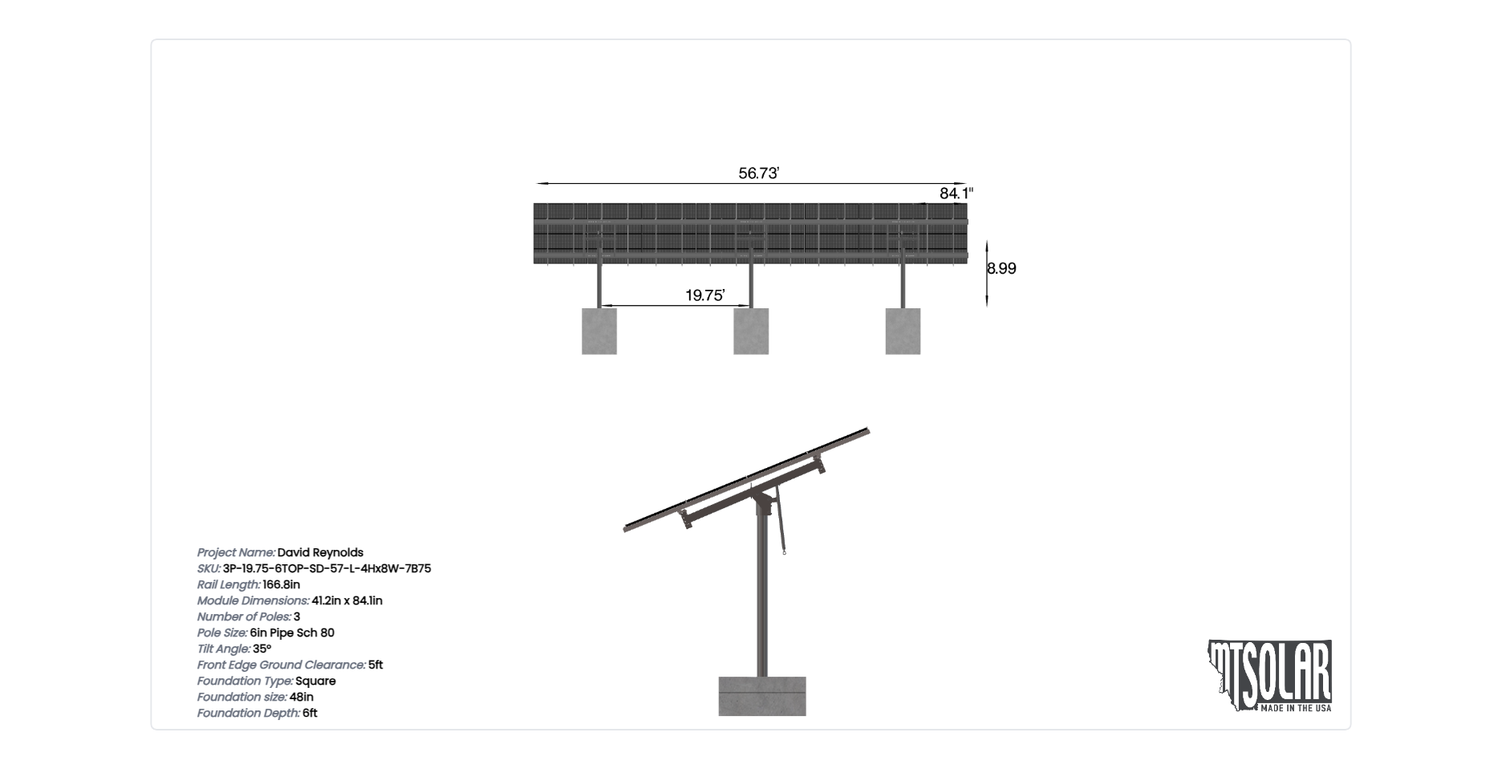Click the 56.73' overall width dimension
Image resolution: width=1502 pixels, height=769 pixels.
pos(758,173)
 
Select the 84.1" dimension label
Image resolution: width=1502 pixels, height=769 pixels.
pos(956,193)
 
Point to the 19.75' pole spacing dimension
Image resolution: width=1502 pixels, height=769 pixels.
pos(704,295)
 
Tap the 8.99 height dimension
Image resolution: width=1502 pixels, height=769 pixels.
pos(1002,268)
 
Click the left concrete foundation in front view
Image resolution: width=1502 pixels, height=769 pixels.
pos(599,331)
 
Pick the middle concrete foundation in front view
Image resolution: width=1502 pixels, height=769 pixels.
pos(751,331)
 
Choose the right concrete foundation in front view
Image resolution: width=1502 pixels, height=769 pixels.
pos(903,331)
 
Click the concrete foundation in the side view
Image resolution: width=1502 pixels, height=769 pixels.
pos(762,696)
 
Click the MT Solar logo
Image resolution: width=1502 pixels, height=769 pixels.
pos(1270,676)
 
